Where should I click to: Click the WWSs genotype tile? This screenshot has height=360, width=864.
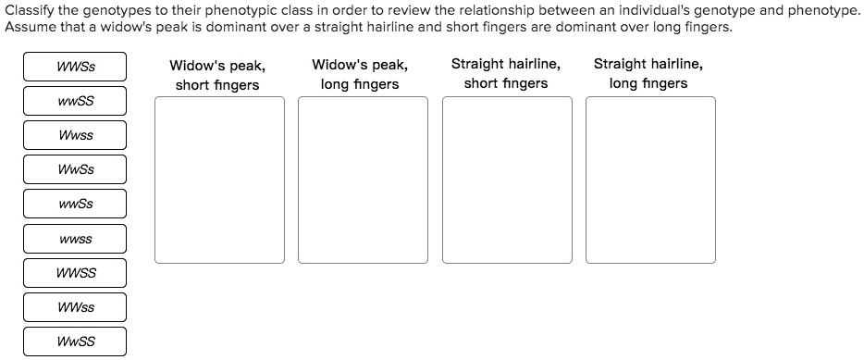tap(75, 67)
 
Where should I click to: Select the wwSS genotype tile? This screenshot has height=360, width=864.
tap(75, 101)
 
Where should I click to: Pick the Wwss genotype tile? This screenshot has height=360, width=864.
tap(75, 135)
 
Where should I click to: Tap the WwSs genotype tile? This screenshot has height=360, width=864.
tap(75, 169)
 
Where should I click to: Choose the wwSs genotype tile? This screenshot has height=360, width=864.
tap(75, 204)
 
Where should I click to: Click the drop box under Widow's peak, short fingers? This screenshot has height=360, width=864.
tap(219, 180)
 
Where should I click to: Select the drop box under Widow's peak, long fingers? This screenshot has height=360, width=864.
tap(363, 180)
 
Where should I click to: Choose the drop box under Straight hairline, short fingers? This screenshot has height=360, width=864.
tap(506, 180)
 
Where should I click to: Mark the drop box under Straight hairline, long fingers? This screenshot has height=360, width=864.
tap(649, 180)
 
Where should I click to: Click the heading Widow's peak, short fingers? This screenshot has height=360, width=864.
tap(217, 75)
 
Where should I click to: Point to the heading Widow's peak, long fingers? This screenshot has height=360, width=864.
tap(360, 74)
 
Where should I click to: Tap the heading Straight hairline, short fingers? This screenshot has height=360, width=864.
tap(505, 74)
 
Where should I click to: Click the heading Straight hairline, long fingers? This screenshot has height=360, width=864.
tap(648, 74)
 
